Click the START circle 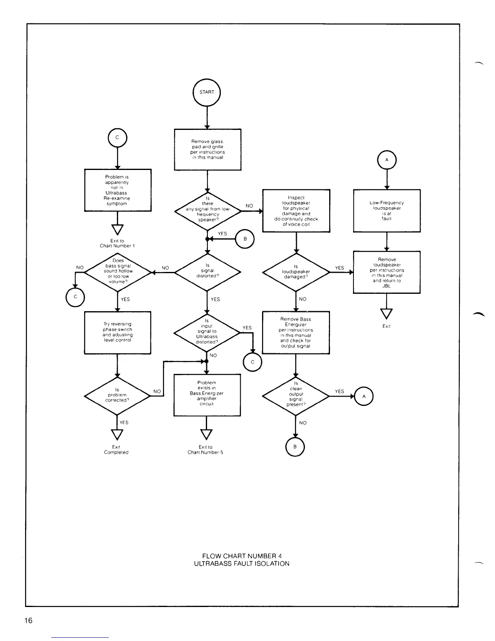(207, 92)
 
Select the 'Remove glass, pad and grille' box (207, 149)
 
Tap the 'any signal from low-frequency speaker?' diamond (207, 211)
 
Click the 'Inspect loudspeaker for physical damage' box (296, 210)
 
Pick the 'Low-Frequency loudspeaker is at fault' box (387, 210)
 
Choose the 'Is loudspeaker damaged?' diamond (296, 272)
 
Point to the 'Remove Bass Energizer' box (296, 332)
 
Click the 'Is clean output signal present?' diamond (296, 396)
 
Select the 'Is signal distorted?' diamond (207, 272)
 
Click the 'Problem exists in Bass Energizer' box (207, 395)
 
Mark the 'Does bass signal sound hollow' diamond (118, 272)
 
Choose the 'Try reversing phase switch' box (117, 332)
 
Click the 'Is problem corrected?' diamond (117, 396)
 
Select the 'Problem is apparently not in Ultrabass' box (117, 190)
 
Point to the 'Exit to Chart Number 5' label (205, 450)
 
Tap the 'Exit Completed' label (116, 450)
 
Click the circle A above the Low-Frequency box (387, 160)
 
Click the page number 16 (28, 621)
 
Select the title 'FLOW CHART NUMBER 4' (241, 556)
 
